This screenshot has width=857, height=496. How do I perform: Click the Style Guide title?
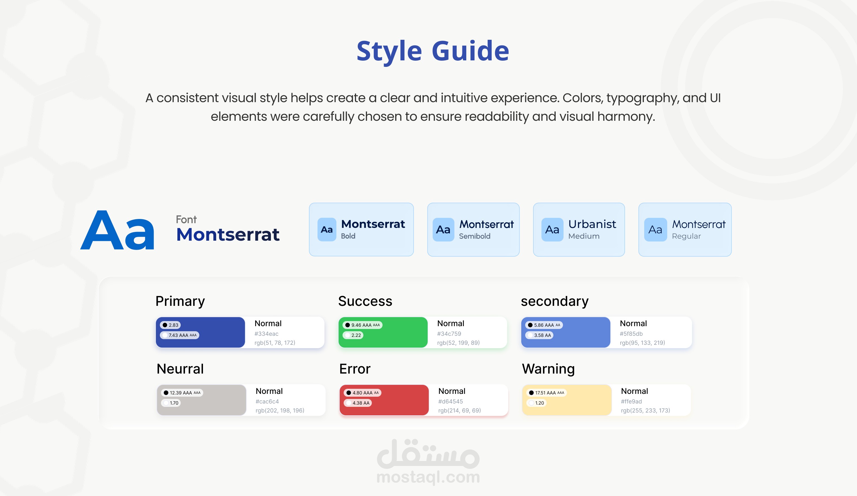pyautogui.click(x=432, y=51)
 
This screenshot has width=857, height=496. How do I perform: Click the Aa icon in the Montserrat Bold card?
pyautogui.click(x=327, y=230)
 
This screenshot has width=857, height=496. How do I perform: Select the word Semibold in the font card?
pyautogui.click(x=475, y=236)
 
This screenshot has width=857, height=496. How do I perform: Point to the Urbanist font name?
pyautogui.click(x=592, y=224)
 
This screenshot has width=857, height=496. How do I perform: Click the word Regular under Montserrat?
pyautogui.click(x=686, y=236)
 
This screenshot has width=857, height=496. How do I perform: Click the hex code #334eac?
pyautogui.click(x=266, y=333)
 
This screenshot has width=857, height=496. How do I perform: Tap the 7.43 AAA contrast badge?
pyautogui.click(x=180, y=335)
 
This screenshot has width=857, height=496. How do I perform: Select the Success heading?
pyautogui.click(x=365, y=301)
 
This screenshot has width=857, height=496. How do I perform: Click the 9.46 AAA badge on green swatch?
pyautogui.click(x=363, y=325)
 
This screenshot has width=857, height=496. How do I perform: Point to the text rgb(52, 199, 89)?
pyautogui.click(x=458, y=343)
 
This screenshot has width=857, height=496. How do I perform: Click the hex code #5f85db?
pyautogui.click(x=631, y=333)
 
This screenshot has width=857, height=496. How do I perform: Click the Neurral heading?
pyautogui.click(x=180, y=369)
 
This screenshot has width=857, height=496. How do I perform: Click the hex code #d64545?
pyautogui.click(x=450, y=401)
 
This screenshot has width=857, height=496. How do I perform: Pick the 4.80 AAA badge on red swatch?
pyautogui.click(x=363, y=393)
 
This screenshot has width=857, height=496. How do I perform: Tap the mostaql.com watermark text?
pyautogui.click(x=428, y=477)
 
